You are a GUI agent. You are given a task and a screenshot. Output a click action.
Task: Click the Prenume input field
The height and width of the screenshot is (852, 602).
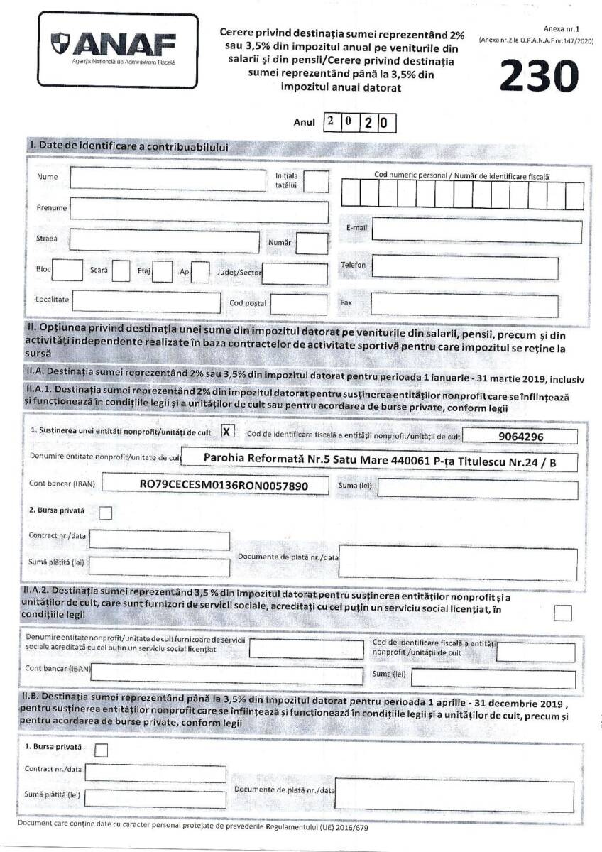(x=199, y=211)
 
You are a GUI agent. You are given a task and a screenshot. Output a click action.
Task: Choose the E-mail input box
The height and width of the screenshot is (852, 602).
(x=476, y=231)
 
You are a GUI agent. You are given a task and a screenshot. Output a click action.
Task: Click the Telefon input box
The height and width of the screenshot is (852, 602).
(x=476, y=266)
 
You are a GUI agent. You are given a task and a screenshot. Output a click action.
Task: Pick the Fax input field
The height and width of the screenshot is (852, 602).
(x=471, y=304)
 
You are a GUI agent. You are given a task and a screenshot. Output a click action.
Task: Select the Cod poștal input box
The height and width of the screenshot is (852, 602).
(x=299, y=304)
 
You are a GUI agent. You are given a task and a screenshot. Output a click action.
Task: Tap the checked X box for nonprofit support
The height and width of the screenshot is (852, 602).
(x=226, y=431)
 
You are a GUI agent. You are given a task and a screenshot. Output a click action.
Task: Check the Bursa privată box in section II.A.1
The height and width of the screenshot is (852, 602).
(x=106, y=513)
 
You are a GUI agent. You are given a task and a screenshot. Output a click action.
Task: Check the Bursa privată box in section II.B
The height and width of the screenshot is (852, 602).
(x=102, y=749)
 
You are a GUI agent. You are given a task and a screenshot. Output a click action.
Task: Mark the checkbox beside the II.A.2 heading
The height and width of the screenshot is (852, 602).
(x=564, y=613)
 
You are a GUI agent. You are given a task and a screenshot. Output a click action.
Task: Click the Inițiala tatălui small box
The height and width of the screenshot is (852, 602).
(x=317, y=181)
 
